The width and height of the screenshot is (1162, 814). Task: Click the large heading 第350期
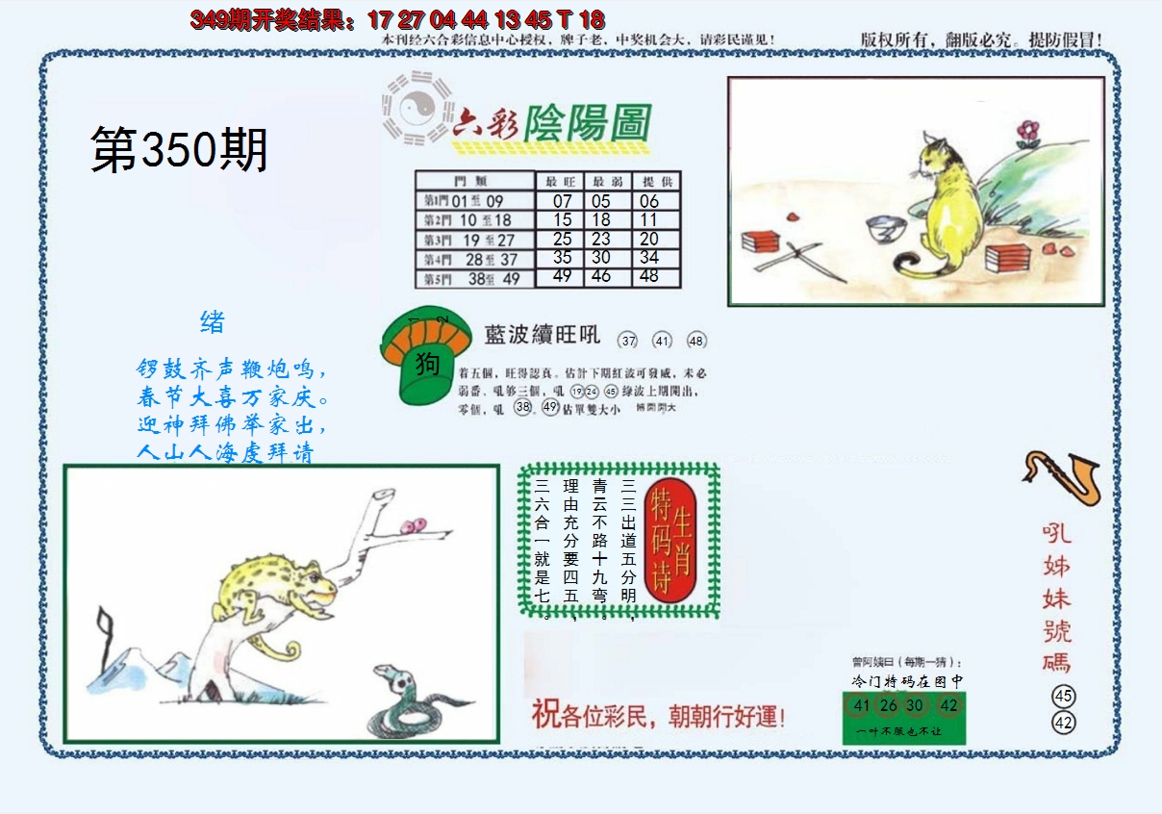click(179, 151)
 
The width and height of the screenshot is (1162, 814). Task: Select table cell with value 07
click(562, 201)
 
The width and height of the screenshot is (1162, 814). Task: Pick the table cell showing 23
click(600, 239)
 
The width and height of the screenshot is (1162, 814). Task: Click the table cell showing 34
click(649, 257)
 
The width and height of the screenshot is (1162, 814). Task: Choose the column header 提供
click(656, 181)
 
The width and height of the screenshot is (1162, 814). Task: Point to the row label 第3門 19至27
click(473, 240)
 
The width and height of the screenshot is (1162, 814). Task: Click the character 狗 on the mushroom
click(428, 363)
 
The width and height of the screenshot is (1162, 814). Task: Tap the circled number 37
click(629, 340)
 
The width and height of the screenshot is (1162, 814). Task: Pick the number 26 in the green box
click(888, 705)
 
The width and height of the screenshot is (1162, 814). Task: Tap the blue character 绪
click(213, 322)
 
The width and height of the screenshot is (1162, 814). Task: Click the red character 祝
click(544, 715)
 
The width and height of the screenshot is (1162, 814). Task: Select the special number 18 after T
click(593, 18)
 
